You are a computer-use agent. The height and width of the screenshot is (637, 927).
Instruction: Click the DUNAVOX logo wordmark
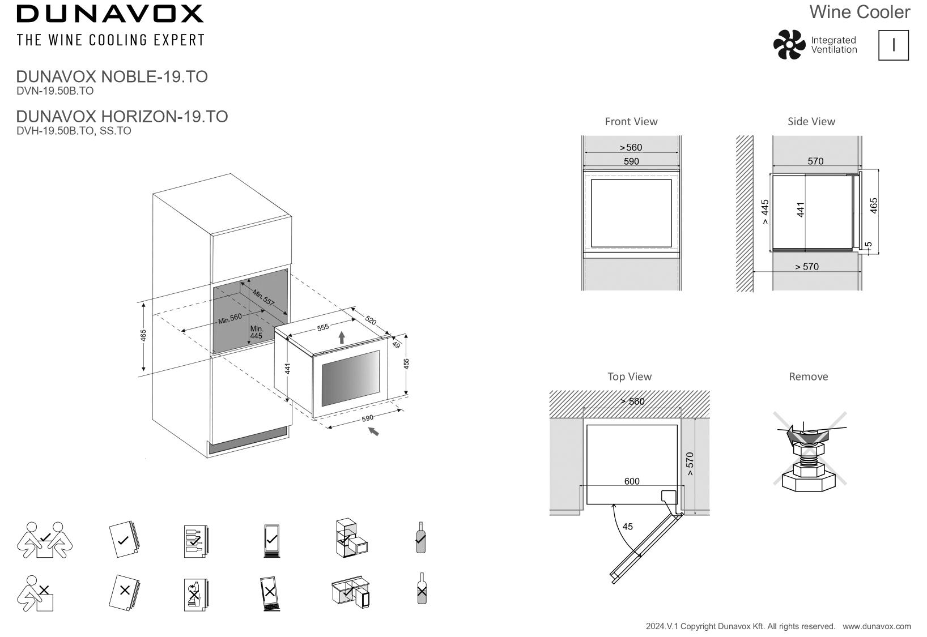(110, 14)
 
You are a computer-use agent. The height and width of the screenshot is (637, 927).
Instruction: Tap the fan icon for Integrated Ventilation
(789, 45)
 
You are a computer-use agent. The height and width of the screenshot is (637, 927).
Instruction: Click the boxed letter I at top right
(893, 45)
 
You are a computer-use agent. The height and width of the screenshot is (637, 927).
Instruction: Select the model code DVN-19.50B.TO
(55, 91)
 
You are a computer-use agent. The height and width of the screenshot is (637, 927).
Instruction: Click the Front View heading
(631, 121)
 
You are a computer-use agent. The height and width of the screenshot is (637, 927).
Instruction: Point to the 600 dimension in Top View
(631, 481)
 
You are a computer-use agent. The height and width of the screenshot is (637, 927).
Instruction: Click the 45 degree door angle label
(627, 527)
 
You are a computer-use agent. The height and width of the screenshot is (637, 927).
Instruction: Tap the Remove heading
(808, 377)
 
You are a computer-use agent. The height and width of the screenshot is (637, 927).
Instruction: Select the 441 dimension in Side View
(801, 210)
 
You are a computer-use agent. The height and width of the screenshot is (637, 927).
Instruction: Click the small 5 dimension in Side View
(869, 245)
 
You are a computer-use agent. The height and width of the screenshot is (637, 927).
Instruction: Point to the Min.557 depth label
(263, 298)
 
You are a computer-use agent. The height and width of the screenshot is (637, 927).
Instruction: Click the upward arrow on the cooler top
(342, 338)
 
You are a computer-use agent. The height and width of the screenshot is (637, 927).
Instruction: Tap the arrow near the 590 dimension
(373, 431)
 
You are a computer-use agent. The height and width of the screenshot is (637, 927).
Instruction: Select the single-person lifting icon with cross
(36, 593)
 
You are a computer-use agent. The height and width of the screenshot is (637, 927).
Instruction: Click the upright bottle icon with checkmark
(420, 537)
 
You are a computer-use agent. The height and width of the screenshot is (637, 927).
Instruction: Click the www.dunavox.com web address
(877, 626)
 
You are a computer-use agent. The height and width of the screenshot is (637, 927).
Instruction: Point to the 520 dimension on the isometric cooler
(371, 320)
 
